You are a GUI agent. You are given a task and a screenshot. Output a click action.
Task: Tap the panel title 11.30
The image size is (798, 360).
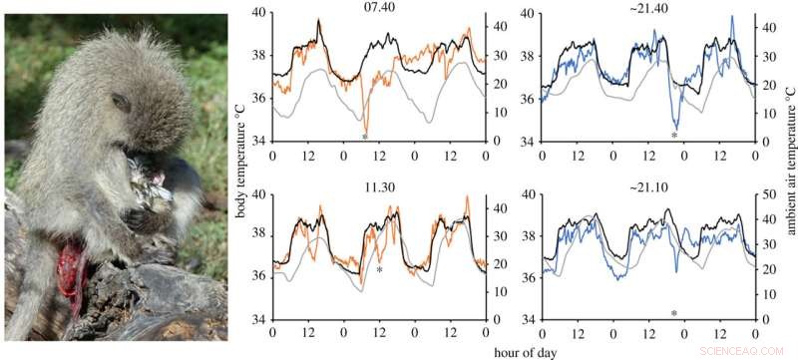[365, 185]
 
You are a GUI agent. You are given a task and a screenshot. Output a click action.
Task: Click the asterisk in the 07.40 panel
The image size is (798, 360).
[365, 137]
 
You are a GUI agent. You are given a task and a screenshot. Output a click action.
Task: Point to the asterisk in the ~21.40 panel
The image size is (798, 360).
[674, 136]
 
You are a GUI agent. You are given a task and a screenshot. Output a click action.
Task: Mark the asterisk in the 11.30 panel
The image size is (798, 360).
[380, 270]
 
